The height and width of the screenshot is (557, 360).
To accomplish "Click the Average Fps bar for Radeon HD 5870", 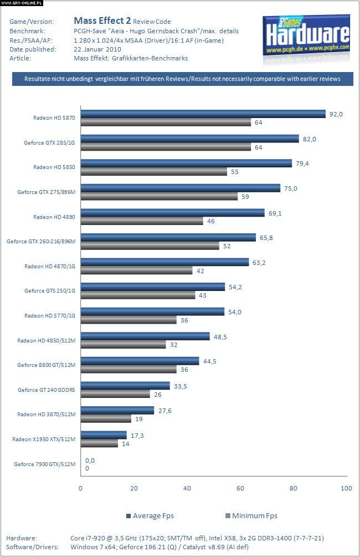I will pyautogui.click(x=203, y=114).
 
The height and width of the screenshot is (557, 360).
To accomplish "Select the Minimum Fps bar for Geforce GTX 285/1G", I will pyautogui.click(x=166, y=147).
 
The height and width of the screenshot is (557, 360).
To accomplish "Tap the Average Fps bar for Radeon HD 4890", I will pyautogui.click(x=172, y=212).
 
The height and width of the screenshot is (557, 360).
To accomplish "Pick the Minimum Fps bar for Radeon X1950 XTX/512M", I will pyautogui.click(x=99, y=443).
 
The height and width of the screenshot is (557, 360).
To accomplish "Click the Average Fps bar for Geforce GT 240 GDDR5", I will pyautogui.click(x=125, y=386).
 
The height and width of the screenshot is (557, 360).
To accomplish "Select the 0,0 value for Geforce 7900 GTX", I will pyautogui.click(x=90, y=460).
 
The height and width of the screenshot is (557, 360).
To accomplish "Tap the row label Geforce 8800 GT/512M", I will pyautogui.click(x=46, y=365).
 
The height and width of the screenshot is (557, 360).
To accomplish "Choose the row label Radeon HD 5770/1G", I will pyautogui.click(x=50, y=316).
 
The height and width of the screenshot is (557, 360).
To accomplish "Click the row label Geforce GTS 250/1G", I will pyautogui.click(x=50, y=291).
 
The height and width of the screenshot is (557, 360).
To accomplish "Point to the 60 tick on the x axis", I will pyautogui.click(x=240, y=488).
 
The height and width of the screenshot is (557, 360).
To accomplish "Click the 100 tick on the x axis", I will pyautogui.click(x=346, y=488).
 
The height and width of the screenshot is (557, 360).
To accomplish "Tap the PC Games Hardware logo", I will pyautogui.click(x=307, y=34).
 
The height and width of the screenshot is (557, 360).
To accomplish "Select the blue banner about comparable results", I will pyautogui.click(x=182, y=79).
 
